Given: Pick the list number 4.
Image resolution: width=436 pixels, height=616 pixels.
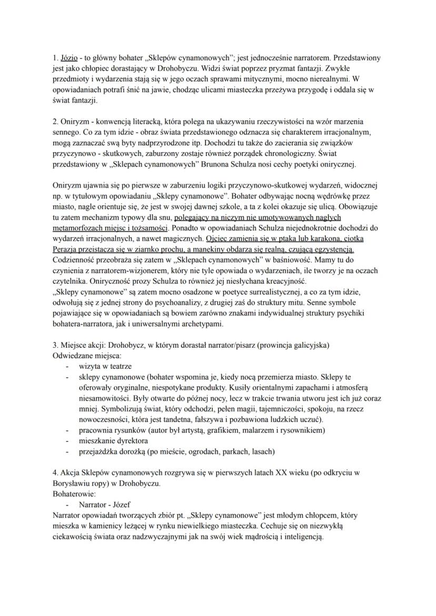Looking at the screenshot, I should [56, 472].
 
